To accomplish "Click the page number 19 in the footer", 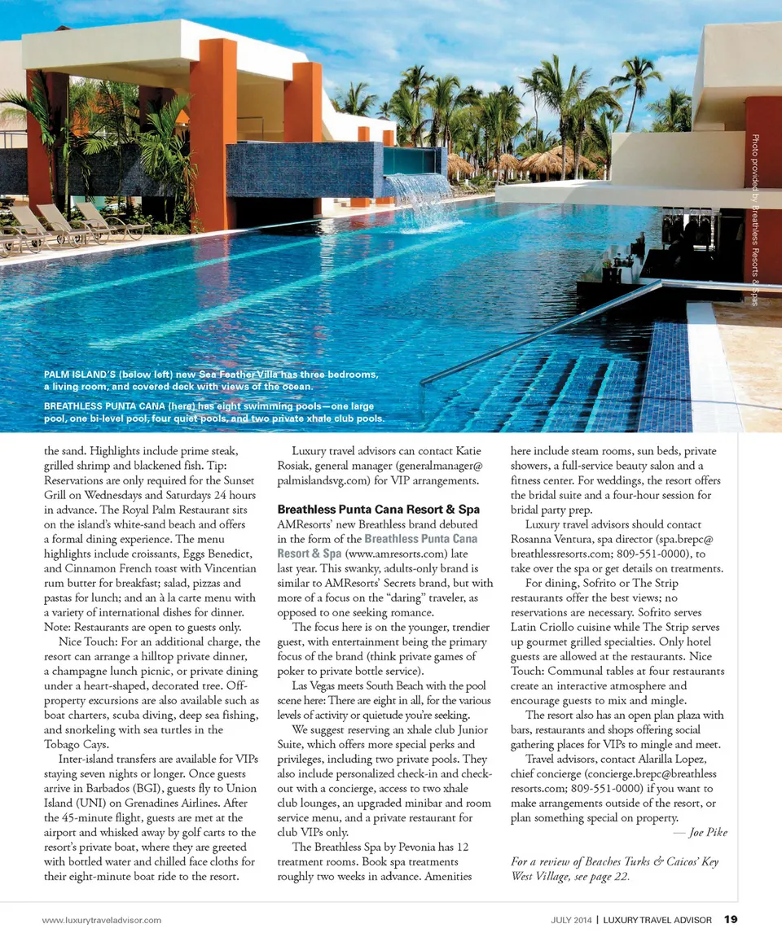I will pyautogui.click(x=731, y=920).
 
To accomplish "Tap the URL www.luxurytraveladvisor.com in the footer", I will pyautogui.click(x=102, y=921).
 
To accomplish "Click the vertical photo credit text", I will pyautogui.click(x=755, y=220).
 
